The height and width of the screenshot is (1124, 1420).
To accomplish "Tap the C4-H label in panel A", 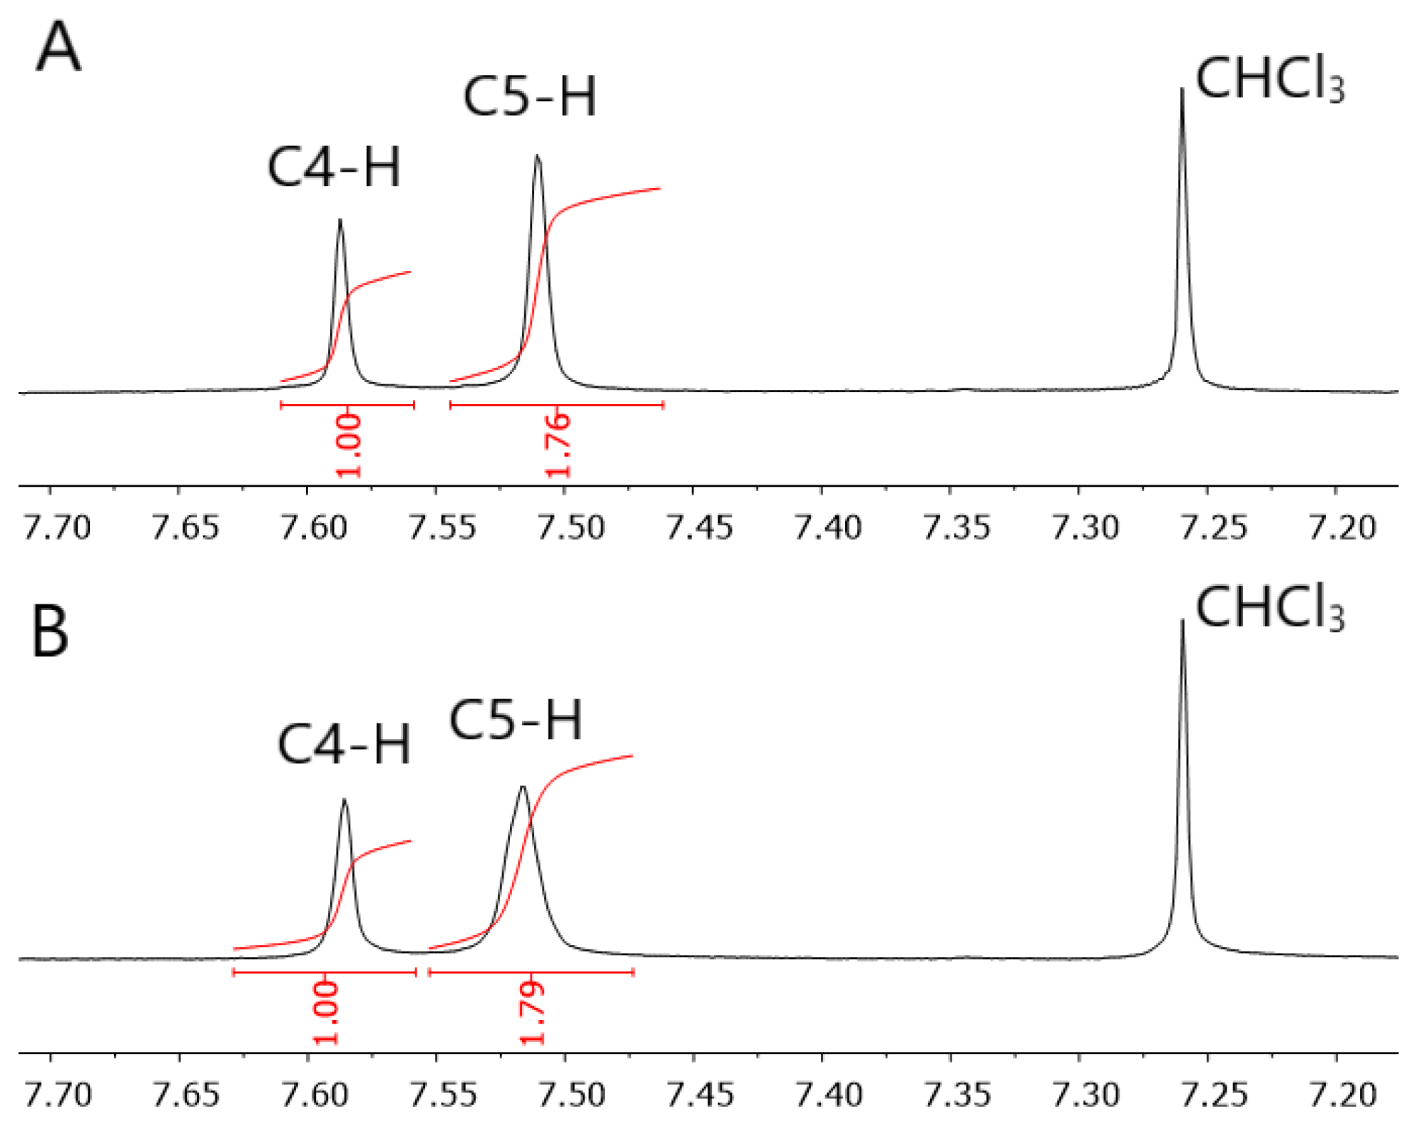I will tap(334, 168).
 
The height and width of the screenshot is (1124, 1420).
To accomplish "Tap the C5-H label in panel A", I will tap(529, 97).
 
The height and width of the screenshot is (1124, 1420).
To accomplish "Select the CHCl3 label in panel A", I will tap(1269, 80).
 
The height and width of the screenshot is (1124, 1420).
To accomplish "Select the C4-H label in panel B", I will tap(344, 745).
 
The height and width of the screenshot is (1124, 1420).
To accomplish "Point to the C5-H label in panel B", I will tap(516, 720).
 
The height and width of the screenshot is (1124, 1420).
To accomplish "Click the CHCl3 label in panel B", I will tap(1269, 609).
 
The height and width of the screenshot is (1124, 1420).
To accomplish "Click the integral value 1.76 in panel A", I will tap(558, 445).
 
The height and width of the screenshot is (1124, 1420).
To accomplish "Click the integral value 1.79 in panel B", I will tap(533, 1012).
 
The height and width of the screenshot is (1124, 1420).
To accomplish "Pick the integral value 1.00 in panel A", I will tap(348, 445).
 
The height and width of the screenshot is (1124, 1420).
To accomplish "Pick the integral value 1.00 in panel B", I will tap(325, 1012).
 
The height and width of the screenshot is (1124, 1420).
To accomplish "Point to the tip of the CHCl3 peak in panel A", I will tap(1182, 89).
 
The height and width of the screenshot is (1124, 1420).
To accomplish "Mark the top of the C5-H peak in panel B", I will tap(523, 787).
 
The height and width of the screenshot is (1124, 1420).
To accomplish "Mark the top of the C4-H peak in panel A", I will tap(340, 220).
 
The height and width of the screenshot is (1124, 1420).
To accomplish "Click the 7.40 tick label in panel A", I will tap(827, 528).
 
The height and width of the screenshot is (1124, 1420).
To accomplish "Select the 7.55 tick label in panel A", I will tap(441, 528).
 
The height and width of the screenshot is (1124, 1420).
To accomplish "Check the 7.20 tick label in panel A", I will tap(1342, 528).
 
